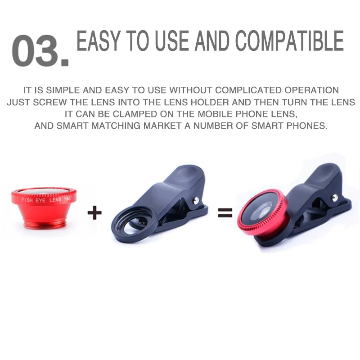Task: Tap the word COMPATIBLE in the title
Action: (x=289, y=41)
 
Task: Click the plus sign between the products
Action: (x=94, y=213)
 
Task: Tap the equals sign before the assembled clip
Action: (x=225, y=212)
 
